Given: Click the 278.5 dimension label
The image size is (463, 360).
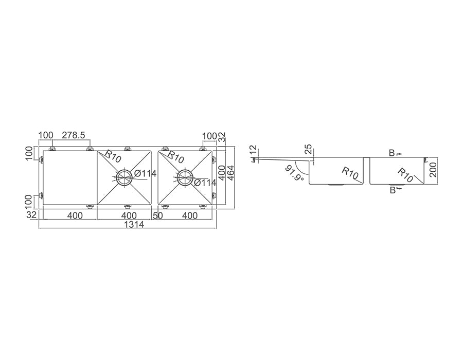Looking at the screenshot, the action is (x=73, y=135).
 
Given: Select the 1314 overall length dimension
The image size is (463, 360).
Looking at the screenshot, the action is (x=134, y=225).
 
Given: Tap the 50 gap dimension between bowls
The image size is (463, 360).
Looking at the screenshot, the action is (x=158, y=215).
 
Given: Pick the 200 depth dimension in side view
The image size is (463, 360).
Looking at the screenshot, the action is (x=433, y=169).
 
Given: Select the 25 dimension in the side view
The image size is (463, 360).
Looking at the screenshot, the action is (x=308, y=150).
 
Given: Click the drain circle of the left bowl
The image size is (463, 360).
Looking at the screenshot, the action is (x=125, y=177).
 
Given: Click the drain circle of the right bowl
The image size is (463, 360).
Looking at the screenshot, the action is (x=185, y=177).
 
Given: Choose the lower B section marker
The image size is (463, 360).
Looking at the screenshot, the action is (x=394, y=190).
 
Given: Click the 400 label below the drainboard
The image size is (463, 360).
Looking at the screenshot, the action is (x=75, y=215).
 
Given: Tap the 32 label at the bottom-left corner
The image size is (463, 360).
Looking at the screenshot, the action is (x=31, y=214).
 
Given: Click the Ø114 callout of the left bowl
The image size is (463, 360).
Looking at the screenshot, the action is (x=145, y=173).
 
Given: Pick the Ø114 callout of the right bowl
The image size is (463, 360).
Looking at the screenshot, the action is (x=205, y=183).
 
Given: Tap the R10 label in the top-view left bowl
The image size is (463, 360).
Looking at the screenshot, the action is (x=112, y=156).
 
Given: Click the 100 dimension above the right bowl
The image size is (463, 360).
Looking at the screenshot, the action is (x=209, y=136).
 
